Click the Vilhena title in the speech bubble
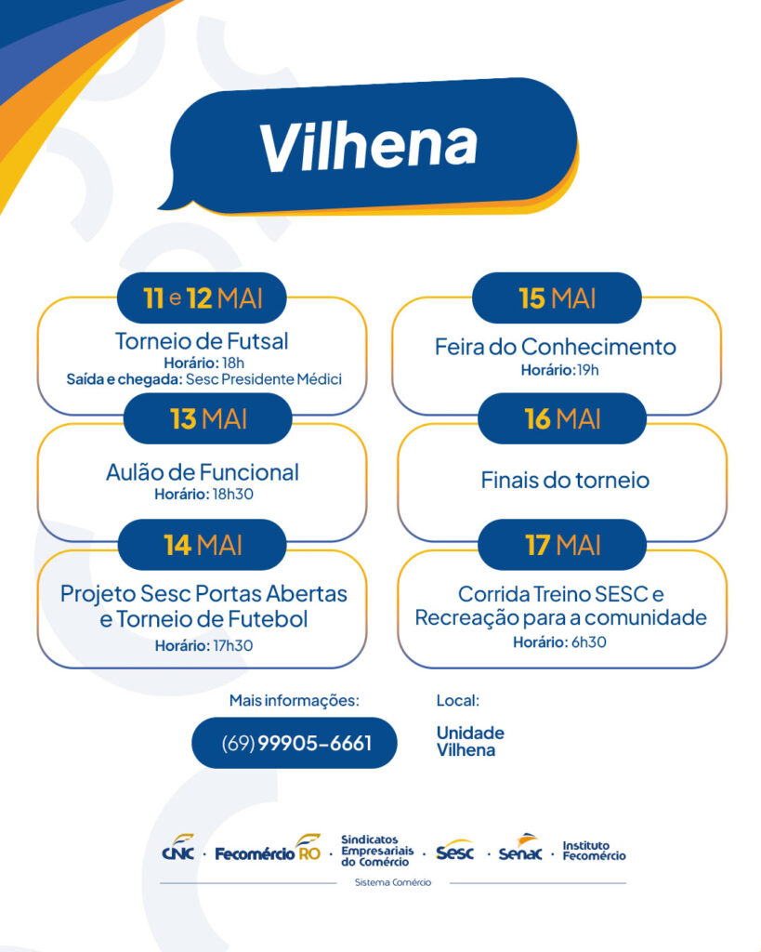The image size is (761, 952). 369,146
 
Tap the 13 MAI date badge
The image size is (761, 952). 207,419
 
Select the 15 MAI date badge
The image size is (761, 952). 557,298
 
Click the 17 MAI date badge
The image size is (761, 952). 562,545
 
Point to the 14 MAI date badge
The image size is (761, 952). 202,545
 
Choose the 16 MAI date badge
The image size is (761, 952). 562,419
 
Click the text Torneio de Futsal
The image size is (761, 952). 202,341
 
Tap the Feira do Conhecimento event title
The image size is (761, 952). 556,347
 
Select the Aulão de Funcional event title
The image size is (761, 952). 202,472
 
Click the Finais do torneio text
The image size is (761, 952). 565,481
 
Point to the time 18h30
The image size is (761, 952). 232,495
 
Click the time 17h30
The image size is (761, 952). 232,645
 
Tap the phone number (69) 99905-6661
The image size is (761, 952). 296,743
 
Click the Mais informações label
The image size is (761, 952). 295,701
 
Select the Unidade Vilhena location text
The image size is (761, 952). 470,741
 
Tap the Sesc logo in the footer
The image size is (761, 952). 455,852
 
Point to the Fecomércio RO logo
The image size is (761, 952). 268,850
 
